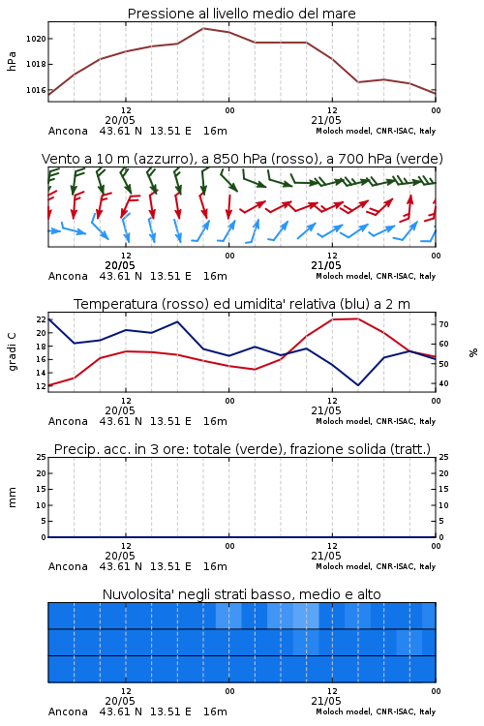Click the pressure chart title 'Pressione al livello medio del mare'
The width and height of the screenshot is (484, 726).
point(241,14)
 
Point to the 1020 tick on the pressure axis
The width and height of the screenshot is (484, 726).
point(36,39)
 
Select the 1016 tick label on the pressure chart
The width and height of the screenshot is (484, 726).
point(36,90)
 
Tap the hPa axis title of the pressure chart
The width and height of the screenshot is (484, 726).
point(12,61)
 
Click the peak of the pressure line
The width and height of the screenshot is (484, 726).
point(203,28)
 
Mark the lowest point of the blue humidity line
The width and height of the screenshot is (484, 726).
point(358,385)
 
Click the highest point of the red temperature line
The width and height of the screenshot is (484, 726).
point(357,318)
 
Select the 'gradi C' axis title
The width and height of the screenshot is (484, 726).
point(12,352)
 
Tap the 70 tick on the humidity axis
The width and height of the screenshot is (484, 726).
point(443,324)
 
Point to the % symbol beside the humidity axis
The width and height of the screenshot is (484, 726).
point(473,352)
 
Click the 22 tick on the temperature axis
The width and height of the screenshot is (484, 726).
point(42,319)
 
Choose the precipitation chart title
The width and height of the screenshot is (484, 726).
point(242,449)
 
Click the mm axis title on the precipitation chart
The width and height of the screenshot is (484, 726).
point(12,498)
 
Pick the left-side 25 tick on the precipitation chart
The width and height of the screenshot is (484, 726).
point(42,457)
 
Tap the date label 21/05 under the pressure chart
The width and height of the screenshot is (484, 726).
point(326,120)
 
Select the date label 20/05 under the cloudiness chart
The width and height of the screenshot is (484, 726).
point(120,701)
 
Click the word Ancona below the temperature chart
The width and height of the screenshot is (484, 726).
point(68,421)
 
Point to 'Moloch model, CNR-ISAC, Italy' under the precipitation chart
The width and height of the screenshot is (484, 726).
point(376,566)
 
